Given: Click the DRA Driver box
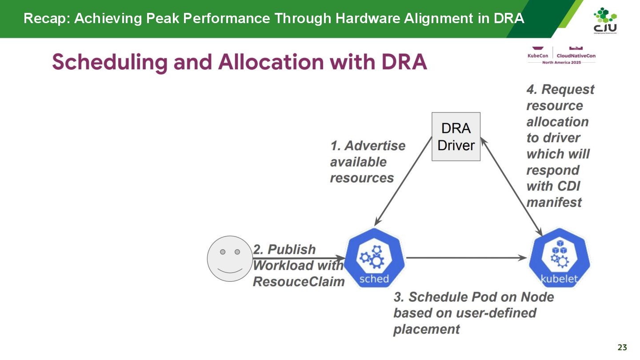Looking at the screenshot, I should (456, 136).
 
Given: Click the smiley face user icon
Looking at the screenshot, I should (229, 258).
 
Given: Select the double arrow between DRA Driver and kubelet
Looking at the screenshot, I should (511, 187).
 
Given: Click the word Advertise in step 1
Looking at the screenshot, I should (375, 146).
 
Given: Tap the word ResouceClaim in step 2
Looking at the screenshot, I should (299, 282).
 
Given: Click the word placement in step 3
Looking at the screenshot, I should (427, 329).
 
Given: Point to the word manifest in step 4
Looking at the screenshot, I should (554, 203).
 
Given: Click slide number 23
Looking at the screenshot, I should (622, 348).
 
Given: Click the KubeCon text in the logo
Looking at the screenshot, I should (537, 56).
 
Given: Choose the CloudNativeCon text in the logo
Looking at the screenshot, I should (576, 56).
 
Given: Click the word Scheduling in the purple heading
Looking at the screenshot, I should (109, 62).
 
